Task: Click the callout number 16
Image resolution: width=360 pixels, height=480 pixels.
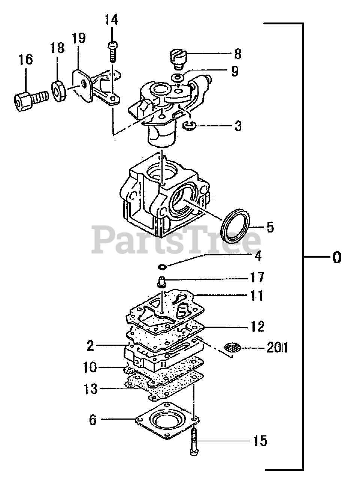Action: coord(26,60)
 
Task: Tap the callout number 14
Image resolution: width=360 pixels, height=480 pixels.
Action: coord(111,20)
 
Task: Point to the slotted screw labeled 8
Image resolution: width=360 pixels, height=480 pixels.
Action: coord(178,59)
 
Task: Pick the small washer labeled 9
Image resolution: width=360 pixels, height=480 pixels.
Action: coord(178,78)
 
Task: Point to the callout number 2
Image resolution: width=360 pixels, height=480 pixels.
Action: coord(90,345)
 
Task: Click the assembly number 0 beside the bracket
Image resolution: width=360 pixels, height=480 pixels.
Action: coord(336,258)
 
